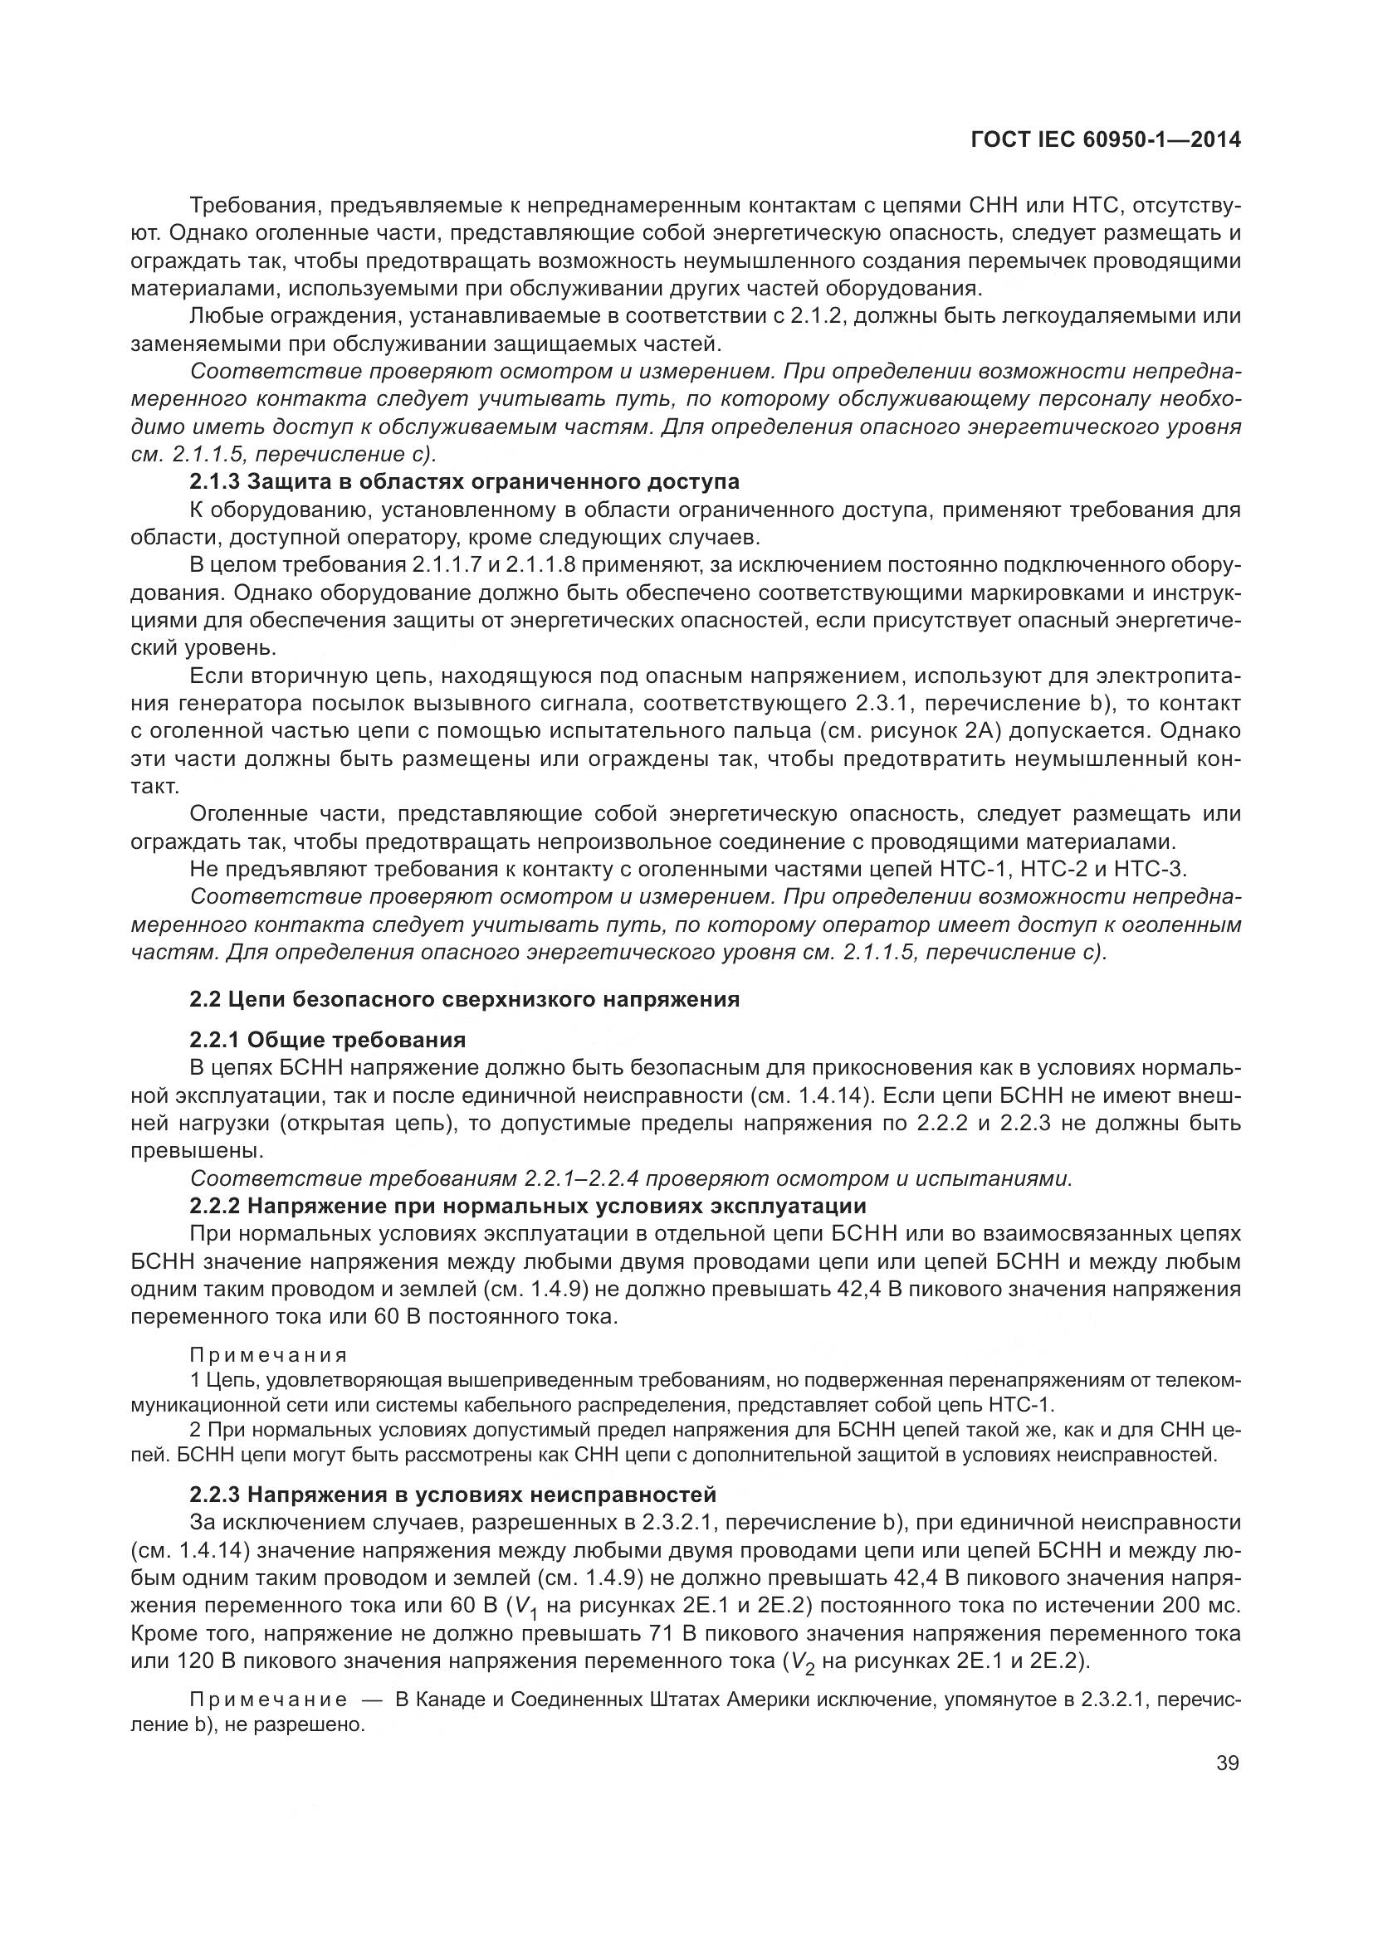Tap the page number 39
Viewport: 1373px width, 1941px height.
point(1227,1763)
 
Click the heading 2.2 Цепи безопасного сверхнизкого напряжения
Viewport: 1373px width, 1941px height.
point(464,999)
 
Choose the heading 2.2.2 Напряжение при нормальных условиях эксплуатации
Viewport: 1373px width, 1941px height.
point(528,1206)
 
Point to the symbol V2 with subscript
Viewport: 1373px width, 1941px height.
point(799,1663)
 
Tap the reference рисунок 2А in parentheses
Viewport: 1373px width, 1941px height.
point(948,730)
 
